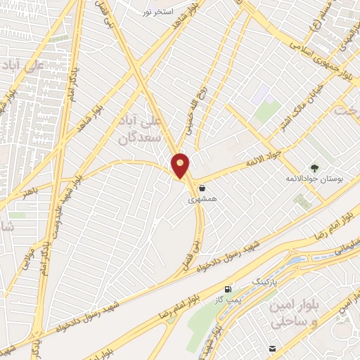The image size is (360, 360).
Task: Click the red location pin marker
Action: [x=181, y=165]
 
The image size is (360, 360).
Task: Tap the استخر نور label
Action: [x=157, y=13]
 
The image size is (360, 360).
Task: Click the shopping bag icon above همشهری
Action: [x=202, y=188]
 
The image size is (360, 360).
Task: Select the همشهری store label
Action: [x=202, y=200]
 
